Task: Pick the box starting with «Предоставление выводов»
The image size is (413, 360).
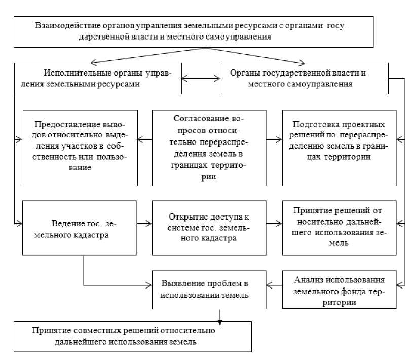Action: tap(81, 147)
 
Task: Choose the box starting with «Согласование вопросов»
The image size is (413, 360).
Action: tap(209, 147)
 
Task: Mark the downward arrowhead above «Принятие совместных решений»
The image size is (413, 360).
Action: tap(220, 319)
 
